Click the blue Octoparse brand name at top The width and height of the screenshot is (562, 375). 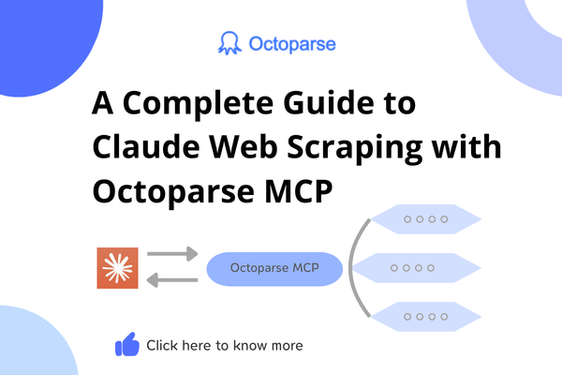pyautogui.click(x=292, y=44)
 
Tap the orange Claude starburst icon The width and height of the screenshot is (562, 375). pyautogui.click(x=117, y=268)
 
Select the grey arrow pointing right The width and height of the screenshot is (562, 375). pyautogui.click(x=173, y=254)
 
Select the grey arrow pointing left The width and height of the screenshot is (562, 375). pyautogui.click(x=173, y=282)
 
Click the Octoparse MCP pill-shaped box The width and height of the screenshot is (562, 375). pyautogui.click(x=274, y=269)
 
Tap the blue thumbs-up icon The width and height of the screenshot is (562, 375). pyautogui.click(x=126, y=346)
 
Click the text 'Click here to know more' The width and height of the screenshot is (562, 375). pyautogui.click(x=225, y=346)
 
